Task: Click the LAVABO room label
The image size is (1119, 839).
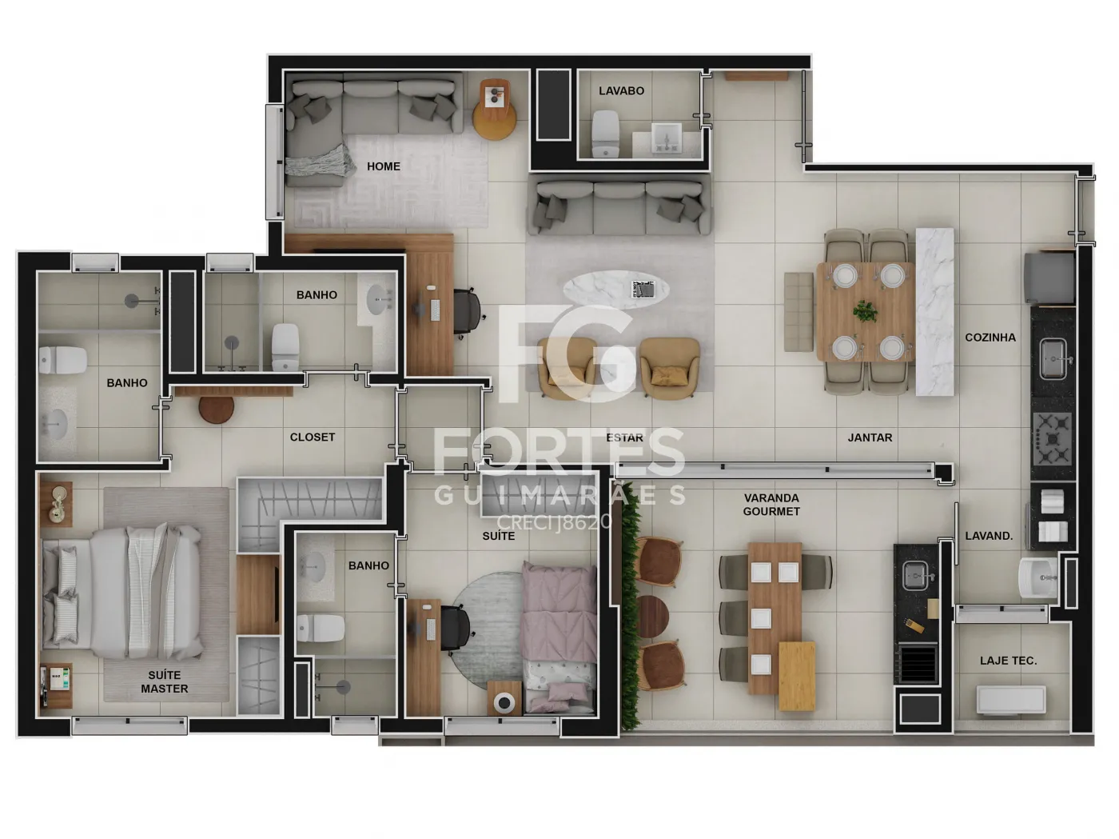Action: (x=621, y=91)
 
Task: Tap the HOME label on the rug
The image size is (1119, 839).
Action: (x=384, y=166)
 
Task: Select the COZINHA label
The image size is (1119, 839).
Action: (x=990, y=338)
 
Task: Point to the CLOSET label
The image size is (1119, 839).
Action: (x=312, y=437)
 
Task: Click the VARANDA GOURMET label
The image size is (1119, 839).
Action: (x=771, y=505)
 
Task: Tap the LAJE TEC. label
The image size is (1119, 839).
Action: (x=1009, y=661)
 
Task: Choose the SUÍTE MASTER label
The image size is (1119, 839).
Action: (x=164, y=682)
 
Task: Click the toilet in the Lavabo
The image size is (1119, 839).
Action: (x=606, y=134)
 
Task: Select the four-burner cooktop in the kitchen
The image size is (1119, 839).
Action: (x=1052, y=439)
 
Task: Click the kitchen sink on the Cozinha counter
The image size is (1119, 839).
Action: (x=1053, y=359)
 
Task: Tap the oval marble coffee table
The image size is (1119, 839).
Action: (x=616, y=290)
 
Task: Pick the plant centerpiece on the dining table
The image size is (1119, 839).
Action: (x=865, y=311)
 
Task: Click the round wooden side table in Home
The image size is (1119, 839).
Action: (x=494, y=120)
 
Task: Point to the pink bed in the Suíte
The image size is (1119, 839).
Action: (x=559, y=637)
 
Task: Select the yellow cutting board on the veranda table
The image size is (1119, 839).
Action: (x=797, y=676)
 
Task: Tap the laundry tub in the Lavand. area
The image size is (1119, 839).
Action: (x=1037, y=578)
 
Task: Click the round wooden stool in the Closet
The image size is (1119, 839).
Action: (x=217, y=408)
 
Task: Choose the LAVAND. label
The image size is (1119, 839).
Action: (x=989, y=536)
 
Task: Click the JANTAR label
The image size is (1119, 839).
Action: (x=870, y=437)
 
